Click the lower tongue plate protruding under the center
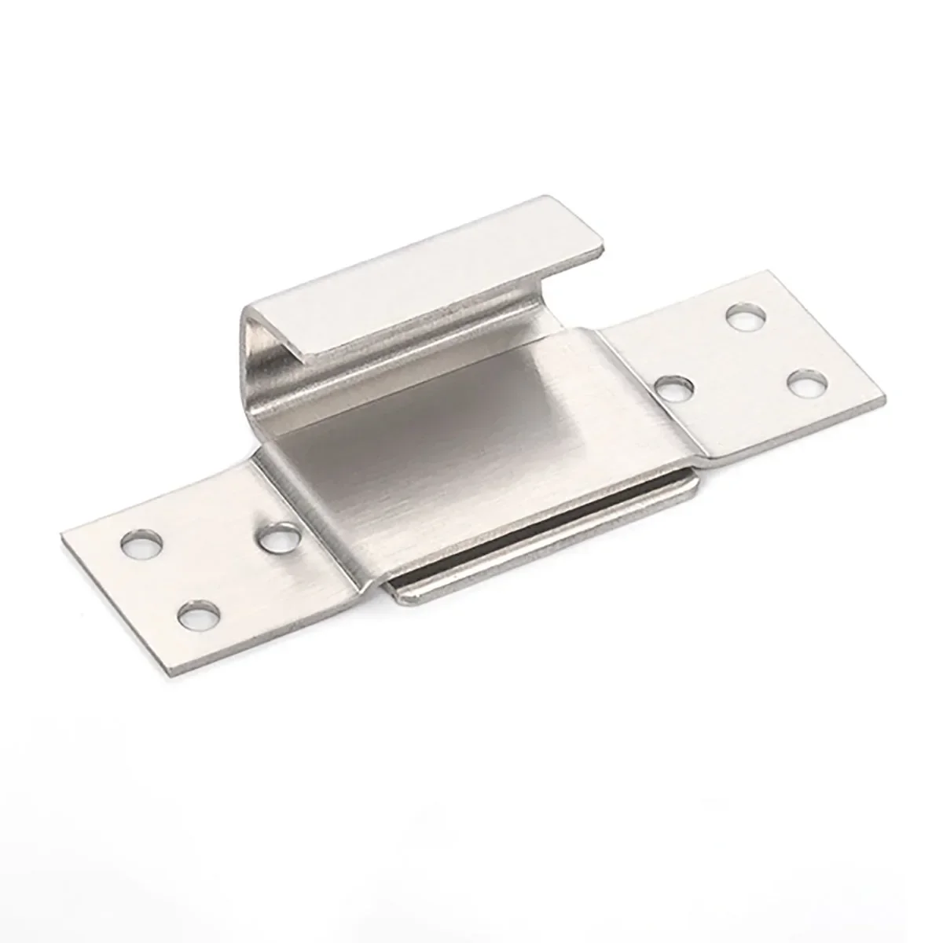(542, 550)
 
